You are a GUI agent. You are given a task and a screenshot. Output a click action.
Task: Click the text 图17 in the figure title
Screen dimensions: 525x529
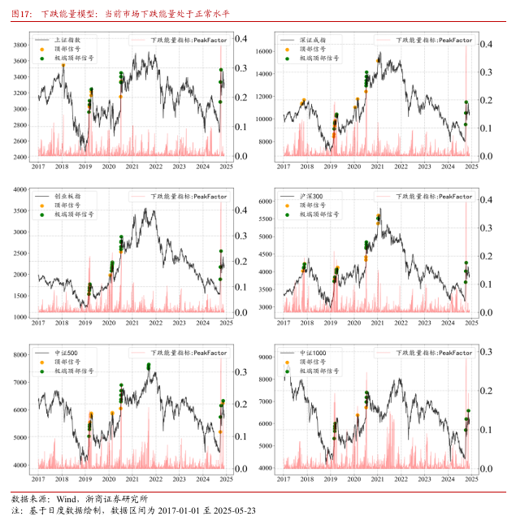[x=21, y=14]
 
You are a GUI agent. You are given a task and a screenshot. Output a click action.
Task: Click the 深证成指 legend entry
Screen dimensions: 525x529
[x=312, y=40]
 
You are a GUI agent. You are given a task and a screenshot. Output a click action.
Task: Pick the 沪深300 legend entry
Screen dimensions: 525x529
[x=311, y=197]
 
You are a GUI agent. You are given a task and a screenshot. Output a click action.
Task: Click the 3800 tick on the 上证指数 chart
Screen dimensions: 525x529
[x=22, y=45]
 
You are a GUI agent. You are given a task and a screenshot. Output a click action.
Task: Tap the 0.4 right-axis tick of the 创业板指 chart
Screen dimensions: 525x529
[x=241, y=210]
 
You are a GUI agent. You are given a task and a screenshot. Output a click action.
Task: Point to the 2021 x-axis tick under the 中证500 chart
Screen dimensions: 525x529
[x=132, y=480]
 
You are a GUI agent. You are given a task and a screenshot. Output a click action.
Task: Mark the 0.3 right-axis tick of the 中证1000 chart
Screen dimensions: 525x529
[x=486, y=352]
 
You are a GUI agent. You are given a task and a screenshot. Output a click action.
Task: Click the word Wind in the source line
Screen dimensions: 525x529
[x=67, y=498]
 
